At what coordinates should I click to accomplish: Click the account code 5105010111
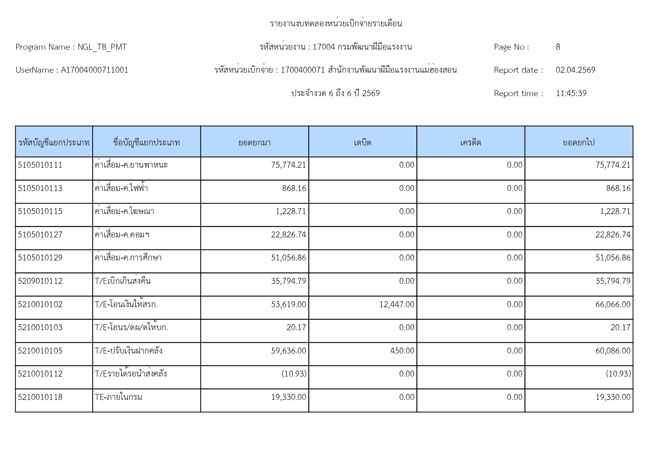40,165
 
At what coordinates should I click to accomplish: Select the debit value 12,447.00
397,305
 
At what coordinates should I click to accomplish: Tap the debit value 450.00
402,351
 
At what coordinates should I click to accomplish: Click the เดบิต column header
362,142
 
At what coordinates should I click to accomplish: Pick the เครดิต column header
470,142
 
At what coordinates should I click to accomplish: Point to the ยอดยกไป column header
579,142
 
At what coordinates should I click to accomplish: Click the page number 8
558,47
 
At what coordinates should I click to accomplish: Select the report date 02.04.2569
575,70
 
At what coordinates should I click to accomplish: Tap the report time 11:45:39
571,93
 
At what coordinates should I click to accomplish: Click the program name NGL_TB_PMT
102,47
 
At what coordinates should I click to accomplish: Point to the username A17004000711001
94,70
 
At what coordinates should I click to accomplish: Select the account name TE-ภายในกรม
119,397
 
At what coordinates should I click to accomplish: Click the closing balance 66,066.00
613,305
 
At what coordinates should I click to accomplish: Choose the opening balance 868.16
294,188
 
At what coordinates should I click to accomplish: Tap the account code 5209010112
40,281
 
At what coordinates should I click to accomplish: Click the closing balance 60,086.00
613,351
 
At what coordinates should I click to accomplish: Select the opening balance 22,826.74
289,235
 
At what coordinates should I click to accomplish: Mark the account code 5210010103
40,328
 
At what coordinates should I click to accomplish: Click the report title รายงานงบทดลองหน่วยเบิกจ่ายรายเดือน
336,24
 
